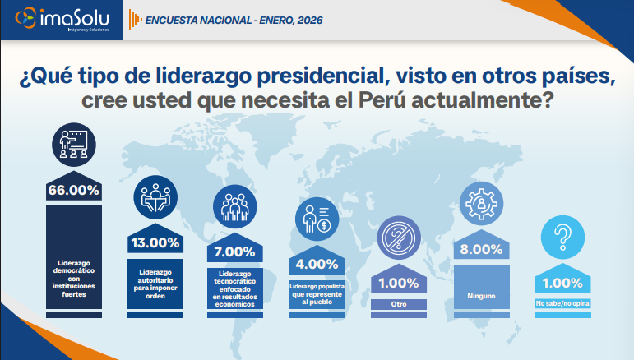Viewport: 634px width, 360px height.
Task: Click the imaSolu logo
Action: pyautogui.click(x=61, y=20)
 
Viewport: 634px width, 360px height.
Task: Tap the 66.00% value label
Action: pyautogui.click(x=73, y=190)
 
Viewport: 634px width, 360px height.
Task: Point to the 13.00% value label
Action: pyautogui.click(x=153, y=242)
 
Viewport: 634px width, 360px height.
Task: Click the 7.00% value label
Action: pyautogui.click(x=234, y=252)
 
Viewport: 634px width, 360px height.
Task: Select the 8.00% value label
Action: pyautogui.click(x=481, y=249)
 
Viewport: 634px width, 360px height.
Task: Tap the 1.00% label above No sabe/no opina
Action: pyautogui.click(x=564, y=284)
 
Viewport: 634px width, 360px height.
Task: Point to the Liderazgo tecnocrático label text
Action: pyautogui.click(x=234, y=288)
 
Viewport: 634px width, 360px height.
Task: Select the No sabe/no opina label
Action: pyautogui.click(x=564, y=304)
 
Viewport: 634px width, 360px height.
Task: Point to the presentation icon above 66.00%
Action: pyautogui.click(x=73, y=145)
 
